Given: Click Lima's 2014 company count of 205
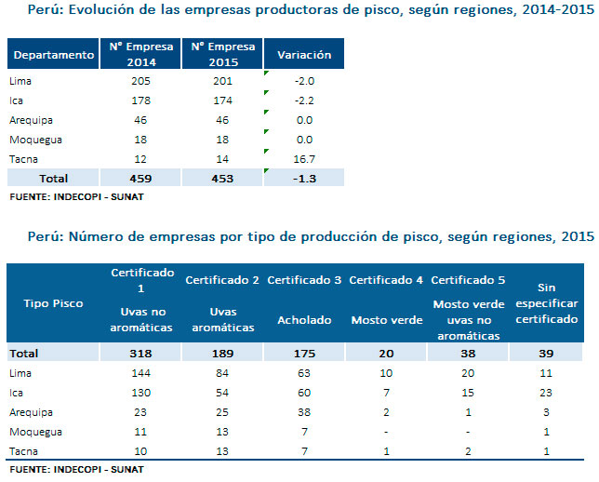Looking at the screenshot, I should [141, 81].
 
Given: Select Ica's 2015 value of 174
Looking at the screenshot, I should [223, 100].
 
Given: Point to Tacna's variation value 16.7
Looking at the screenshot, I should [304, 159].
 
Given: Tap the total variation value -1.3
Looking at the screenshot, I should [304, 178].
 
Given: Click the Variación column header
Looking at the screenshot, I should [304, 55].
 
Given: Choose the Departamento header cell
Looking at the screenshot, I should [55, 55].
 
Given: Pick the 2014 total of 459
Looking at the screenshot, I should [141, 178].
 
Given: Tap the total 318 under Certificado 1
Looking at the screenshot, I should [142, 353].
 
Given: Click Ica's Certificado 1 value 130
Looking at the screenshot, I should [142, 391].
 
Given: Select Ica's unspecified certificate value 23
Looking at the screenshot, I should [548, 391].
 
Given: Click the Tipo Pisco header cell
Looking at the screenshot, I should [55, 303].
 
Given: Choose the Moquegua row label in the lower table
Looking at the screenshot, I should [29, 431].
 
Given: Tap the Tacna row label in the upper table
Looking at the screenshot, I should [21, 159].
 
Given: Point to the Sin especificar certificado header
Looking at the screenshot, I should [548, 303].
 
